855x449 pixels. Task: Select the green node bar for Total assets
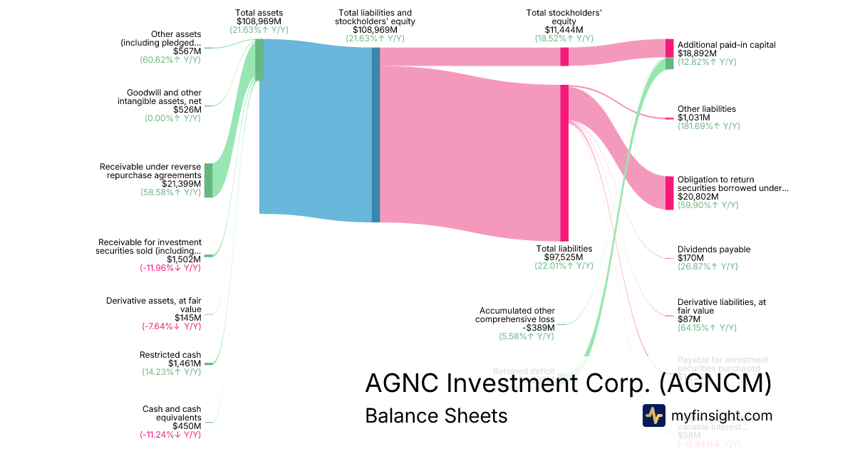point(259,59)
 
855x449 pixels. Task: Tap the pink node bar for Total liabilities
point(564,162)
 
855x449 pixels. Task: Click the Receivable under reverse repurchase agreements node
point(209,180)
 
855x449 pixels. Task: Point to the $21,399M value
point(181,184)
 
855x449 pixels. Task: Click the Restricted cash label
point(170,355)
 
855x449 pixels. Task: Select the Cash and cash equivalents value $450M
point(187,426)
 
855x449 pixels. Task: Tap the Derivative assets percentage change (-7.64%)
point(170,326)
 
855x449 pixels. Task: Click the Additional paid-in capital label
point(726,45)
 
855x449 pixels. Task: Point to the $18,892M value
point(698,53)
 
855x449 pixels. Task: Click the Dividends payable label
point(713,249)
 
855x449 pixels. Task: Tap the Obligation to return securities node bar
point(669,192)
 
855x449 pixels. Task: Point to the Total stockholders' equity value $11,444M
point(564,30)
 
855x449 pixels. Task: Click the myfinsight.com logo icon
point(653,416)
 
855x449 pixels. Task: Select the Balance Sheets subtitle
point(436,416)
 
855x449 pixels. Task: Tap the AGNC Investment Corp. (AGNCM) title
point(568,383)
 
